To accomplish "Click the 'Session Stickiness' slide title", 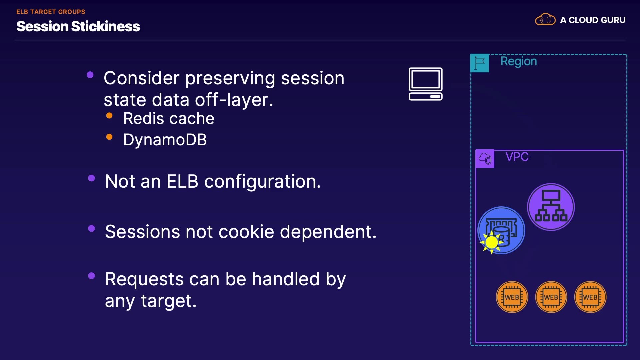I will pyautogui.click(x=78, y=26).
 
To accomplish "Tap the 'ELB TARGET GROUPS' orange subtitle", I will pyautogui.click(x=51, y=12).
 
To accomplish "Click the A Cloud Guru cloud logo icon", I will pyautogui.click(x=545, y=20).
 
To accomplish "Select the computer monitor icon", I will pyautogui.click(x=426, y=84).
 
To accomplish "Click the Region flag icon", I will pyautogui.click(x=479, y=63).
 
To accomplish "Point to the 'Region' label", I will pyautogui.click(x=519, y=61).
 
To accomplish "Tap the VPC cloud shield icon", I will pyautogui.click(x=485, y=159).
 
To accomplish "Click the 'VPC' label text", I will pyautogui.click(x=517, y=157).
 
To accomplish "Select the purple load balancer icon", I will pyautogui.click(x=551, y=207).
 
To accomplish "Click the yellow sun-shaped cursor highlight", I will pyautogui.click(x=491, y=242).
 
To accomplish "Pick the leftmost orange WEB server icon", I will pyautogui.click(x=512, y=297).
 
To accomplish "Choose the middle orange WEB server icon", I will pyautogui.click(x=551, y=297).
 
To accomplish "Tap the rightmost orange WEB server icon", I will pyautogui.click(x=590, y=297).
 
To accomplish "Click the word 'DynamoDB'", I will pyautogui.click(x=165, y=140).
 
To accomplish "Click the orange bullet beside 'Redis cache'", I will pyautogui.click(x=109, y=116).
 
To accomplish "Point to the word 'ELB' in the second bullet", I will pyautogui.click(x=182, y=181).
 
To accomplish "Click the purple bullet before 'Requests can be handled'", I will pyautogui.click(x=91, y=276).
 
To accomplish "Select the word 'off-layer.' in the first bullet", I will pyautogui.click(x=234, y=100).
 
